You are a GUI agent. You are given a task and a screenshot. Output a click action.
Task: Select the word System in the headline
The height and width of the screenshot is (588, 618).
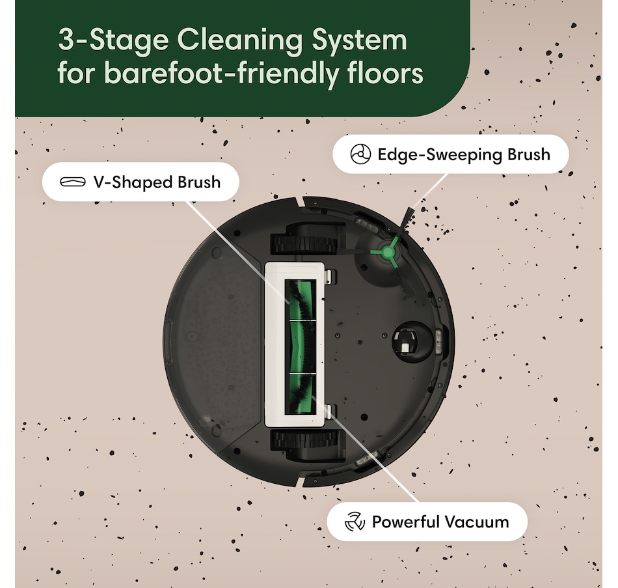360,41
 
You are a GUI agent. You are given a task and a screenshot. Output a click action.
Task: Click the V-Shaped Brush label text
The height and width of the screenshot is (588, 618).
157,182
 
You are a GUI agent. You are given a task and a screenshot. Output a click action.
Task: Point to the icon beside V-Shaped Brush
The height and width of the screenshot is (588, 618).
72,182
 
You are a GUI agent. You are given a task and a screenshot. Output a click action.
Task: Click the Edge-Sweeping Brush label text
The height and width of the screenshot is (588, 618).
464,154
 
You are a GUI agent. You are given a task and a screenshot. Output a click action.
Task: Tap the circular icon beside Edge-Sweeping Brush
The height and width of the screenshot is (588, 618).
360,154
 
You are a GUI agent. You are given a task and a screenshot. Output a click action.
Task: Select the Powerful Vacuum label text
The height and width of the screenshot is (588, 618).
440,522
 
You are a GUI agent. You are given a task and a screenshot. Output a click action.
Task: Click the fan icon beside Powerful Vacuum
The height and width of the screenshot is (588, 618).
355,522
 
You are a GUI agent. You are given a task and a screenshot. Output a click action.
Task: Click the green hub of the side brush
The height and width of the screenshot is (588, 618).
388,252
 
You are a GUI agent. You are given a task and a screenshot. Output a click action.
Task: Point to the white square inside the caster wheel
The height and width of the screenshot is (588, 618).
405,347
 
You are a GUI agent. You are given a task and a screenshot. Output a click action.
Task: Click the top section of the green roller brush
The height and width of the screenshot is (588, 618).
301,300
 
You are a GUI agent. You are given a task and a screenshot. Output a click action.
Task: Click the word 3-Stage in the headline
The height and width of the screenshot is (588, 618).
113,41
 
